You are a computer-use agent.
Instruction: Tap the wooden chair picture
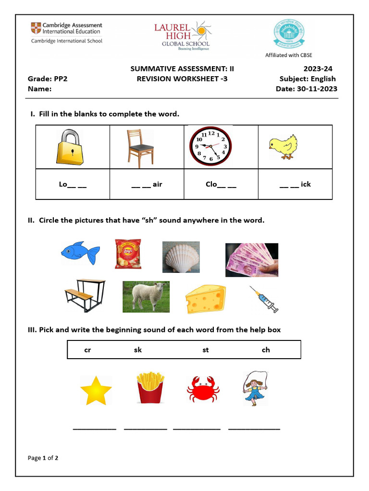pos(140,146)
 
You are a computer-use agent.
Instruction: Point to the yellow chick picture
pos(283,146)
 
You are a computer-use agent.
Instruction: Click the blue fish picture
pos(80,253)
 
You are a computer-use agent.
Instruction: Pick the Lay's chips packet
pos(128,254)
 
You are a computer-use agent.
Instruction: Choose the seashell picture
pos(181,257)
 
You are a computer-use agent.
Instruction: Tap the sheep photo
pos(146,296)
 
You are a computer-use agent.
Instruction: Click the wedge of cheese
pos(205,299)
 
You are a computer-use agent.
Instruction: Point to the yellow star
pos(96,390)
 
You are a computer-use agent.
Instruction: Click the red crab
pos(203,388)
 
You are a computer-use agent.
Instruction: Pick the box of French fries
pos(150,388)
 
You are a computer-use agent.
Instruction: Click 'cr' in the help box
pos(87,350)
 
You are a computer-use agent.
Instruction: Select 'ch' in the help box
pos(266,350)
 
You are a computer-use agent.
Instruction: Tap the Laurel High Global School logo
pos(182,35)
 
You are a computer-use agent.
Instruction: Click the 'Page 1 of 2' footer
pos(43,458)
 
